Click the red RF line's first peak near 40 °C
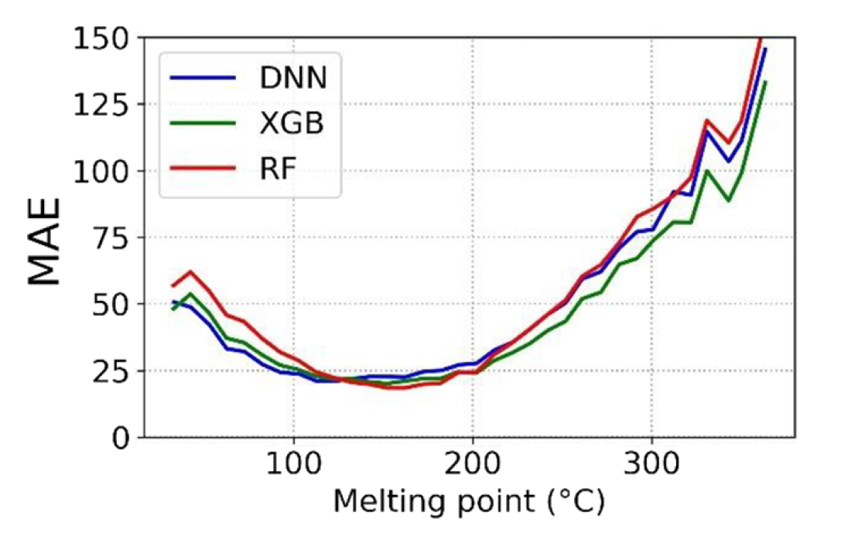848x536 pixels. tap(190, 271)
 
